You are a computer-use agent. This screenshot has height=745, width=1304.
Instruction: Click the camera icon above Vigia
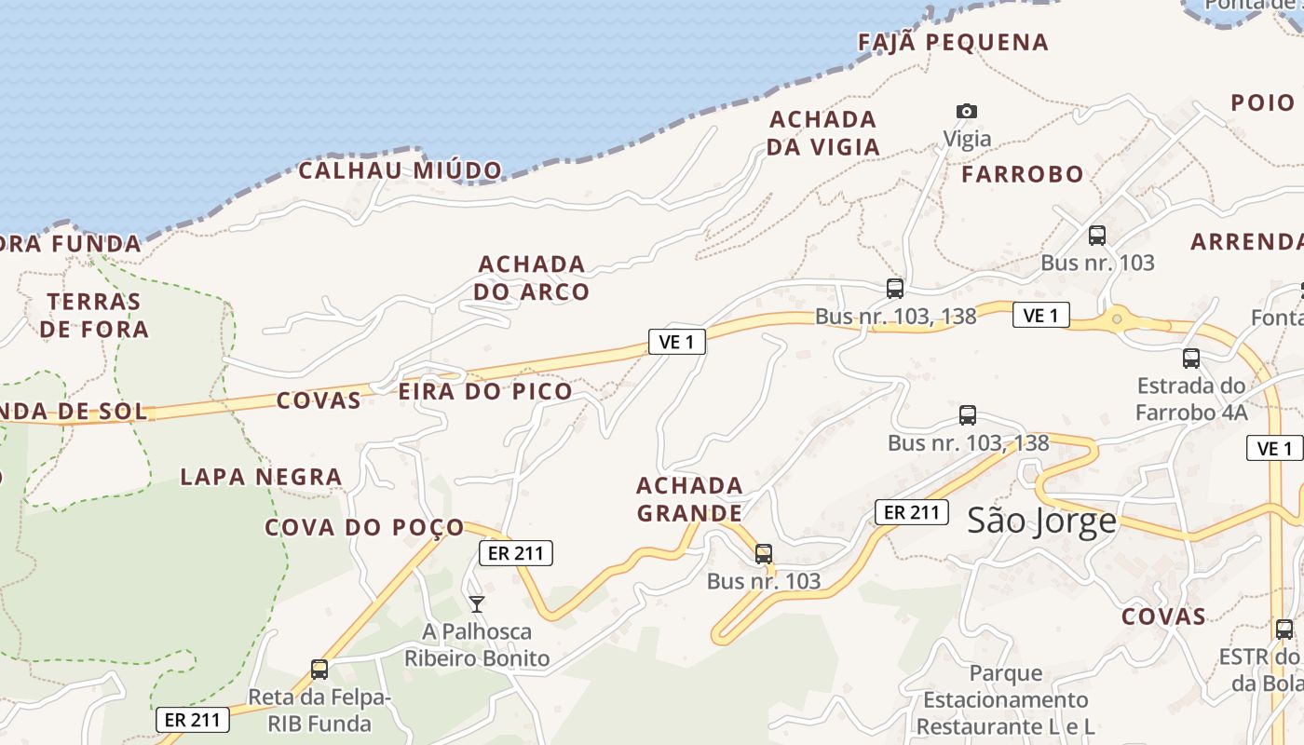[967, 112]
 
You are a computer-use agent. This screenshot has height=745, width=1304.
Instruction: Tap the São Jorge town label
[1041, 520]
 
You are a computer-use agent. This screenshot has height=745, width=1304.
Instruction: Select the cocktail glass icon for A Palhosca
[477, 604]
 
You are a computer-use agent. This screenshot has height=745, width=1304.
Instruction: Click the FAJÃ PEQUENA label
[953, 43]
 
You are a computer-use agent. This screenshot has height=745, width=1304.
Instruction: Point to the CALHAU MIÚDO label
[401, 170]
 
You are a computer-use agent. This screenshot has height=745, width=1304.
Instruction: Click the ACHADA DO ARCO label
[532, 278]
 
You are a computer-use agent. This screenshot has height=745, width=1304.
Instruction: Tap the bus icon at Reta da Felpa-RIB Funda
[319, 669]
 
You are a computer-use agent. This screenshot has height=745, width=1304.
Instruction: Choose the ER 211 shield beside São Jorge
[911, 511]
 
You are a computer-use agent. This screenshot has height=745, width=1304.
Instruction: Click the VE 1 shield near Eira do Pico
[677, 342]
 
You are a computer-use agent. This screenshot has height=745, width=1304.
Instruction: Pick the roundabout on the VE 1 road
[1117, 319]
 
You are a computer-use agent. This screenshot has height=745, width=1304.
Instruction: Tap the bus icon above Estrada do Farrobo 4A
[1190, 359]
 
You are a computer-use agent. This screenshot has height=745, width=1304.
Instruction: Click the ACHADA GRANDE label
[689, 499]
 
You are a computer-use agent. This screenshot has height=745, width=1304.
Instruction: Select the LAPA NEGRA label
[261, 478]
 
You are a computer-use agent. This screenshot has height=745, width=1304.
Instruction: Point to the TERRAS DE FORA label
[94, 315]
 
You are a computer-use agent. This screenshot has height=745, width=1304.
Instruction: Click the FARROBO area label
[1023, 174]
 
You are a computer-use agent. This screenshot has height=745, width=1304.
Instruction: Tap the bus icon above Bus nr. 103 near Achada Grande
[764, 554]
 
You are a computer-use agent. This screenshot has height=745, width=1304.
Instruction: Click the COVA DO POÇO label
[364, 528]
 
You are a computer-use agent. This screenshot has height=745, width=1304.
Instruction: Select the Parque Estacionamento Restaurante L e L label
[1005, 699]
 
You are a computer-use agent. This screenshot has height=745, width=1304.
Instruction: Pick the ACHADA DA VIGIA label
[823, 133]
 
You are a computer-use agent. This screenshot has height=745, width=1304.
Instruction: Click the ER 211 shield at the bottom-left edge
[192, 719]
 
